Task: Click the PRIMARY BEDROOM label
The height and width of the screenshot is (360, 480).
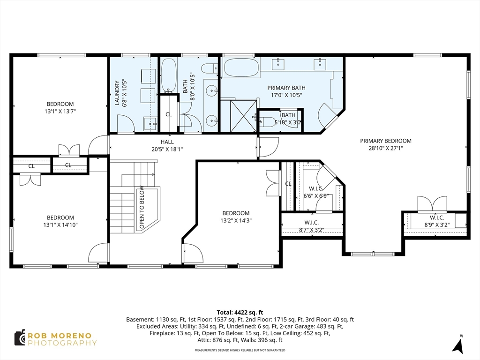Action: coord(385,141)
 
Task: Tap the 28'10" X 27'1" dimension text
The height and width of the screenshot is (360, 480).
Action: coord(386,148)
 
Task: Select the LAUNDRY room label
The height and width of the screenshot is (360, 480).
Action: coord(117,93)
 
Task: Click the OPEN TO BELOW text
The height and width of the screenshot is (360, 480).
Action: coord(142,207)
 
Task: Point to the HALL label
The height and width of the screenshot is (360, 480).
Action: coord(167,142)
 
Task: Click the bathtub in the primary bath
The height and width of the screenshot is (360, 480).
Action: coord(241,67)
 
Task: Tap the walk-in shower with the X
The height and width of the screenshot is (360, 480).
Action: coord(243,115)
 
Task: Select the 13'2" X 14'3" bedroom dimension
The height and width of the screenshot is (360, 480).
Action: coord(236,220)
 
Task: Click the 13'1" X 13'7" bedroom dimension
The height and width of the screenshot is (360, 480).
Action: coord(60,111)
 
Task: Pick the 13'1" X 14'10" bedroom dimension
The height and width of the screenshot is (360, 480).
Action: coord(60,225)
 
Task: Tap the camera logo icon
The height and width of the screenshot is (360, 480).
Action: coord(20,338)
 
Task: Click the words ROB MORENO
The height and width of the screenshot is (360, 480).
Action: coord(60,336)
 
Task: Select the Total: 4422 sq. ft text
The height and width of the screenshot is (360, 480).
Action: coord(240,313)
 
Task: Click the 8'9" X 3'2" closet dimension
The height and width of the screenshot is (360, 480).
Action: coord(437,225)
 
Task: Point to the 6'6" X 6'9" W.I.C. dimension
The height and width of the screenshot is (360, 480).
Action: coord(316,196)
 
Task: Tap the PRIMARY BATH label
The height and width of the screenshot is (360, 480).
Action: coord(286,88)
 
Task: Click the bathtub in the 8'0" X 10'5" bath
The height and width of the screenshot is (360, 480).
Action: coord(169,75)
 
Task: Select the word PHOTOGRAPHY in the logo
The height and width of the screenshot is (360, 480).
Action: coord(62,343)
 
